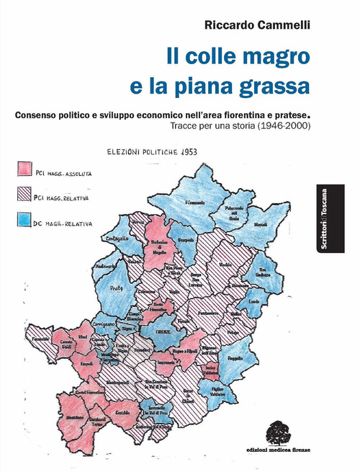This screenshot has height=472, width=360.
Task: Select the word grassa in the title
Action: pos(271,86)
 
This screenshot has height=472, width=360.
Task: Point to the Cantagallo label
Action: pos(129,237)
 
